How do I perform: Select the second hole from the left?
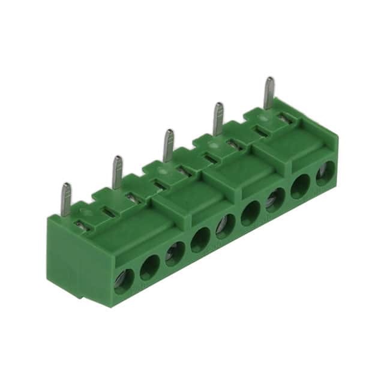click(x=150, y=267)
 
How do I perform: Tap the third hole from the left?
click(x=175, y=253)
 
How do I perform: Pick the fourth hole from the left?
click(x=200, y=239)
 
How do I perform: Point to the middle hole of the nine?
click(x=226, y=226)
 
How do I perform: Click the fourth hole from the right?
click(x=251, y=213)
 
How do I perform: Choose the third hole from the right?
click(x=275, y=200)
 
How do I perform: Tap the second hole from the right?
click(x=300, y=186)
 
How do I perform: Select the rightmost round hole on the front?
click(x=325, y=173)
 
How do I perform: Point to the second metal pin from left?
click(x=117, y=172)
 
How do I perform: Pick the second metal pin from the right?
click(x=219, y=118)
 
